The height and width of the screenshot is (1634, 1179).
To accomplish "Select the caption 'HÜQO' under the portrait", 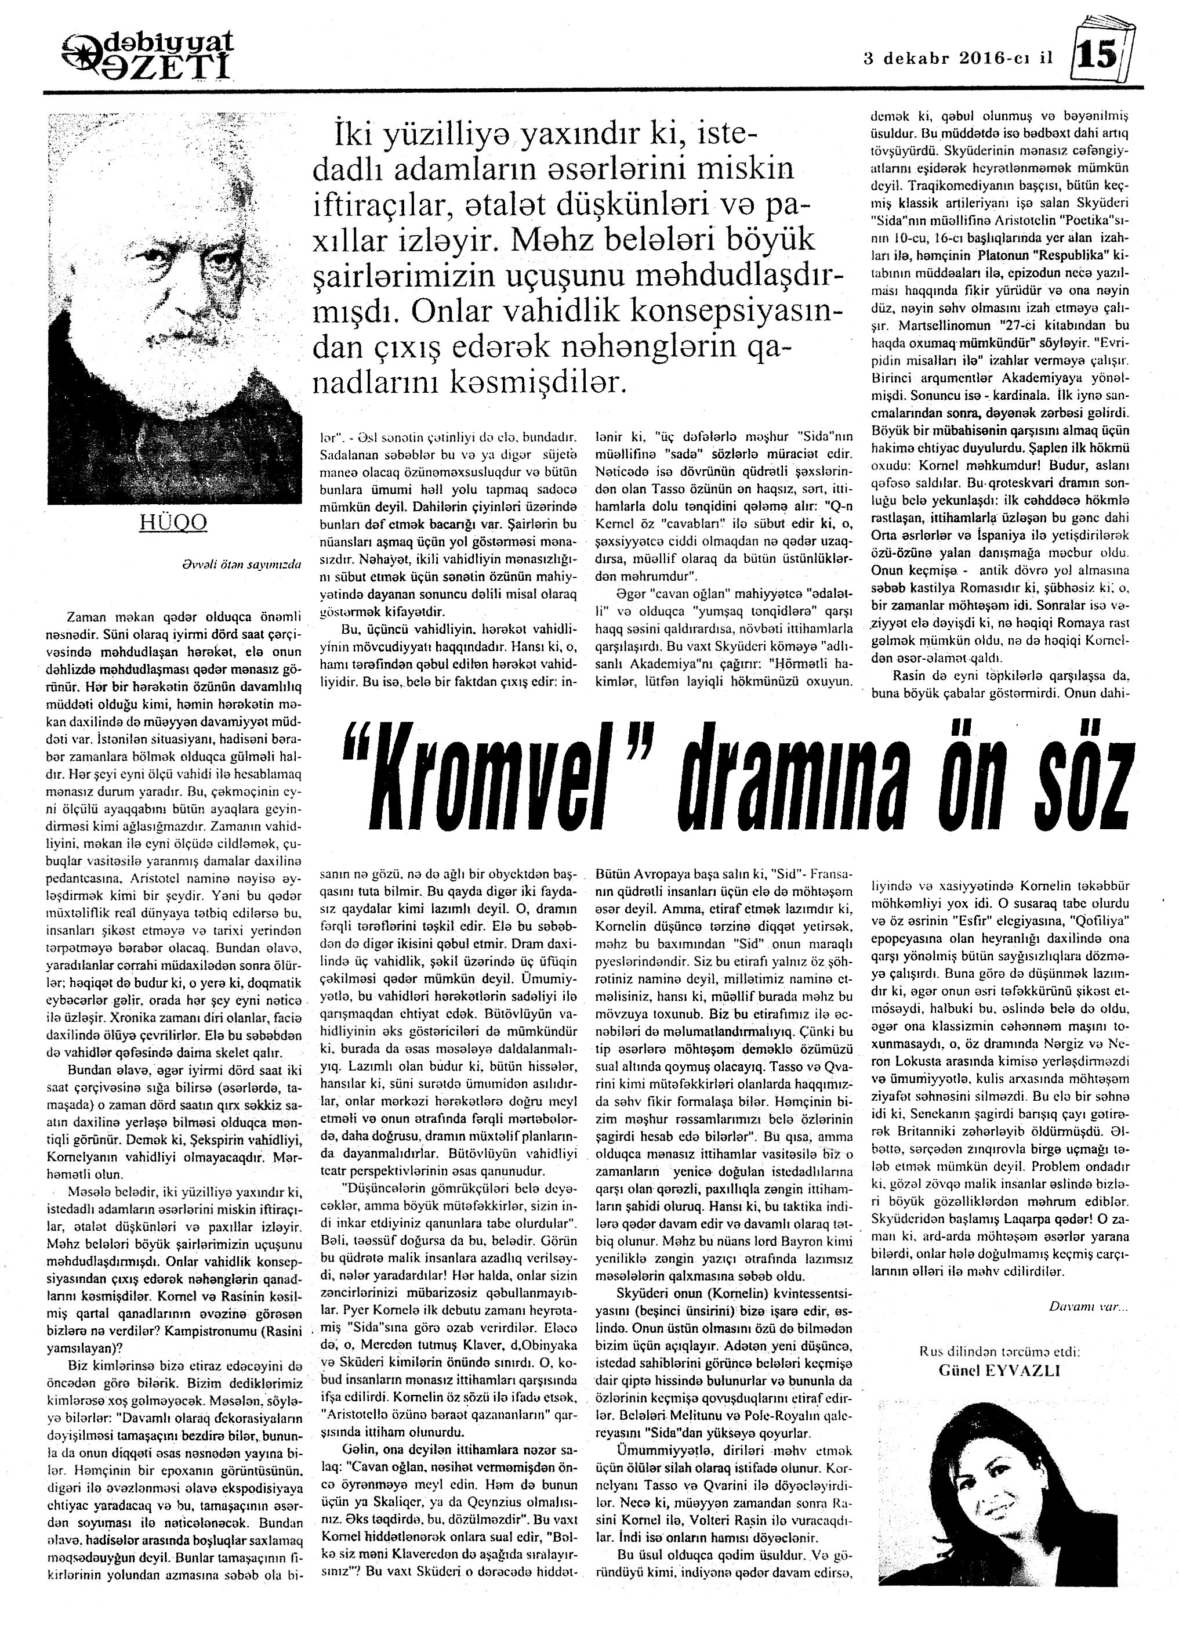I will [x=173, y=522].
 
